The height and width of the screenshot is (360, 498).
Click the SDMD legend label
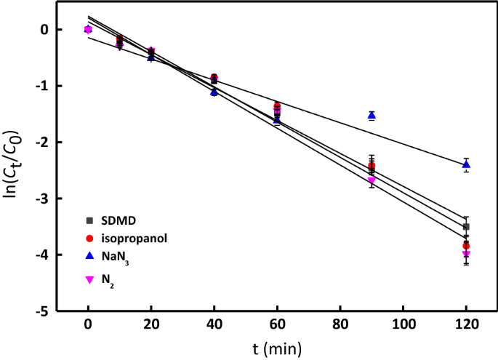(x=119, y=220)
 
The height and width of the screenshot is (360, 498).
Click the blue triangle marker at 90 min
(x=372, y=115)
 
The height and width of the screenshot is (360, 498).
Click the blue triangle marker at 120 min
(x=466, y=164)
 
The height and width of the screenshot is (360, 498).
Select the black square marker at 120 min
(x=466, y=227)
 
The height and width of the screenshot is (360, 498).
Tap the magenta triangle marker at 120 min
(x=466, y=254)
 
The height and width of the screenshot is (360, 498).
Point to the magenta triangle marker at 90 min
(x=372, y=180)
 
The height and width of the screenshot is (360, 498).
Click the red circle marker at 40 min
(x=214, y=77)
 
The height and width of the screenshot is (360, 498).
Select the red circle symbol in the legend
(x=89, y=237)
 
